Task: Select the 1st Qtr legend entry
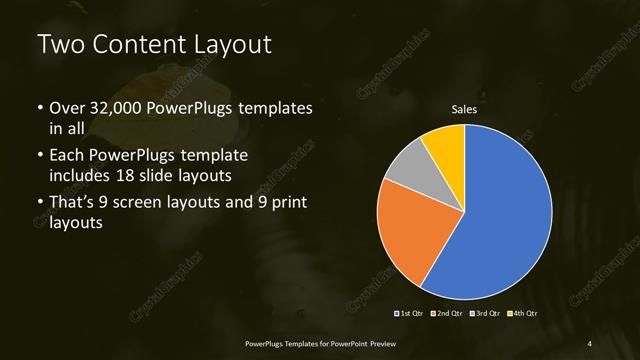tap(409, 314)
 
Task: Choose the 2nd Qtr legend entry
tap(447, 314)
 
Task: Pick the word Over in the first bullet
tap(67, 107)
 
